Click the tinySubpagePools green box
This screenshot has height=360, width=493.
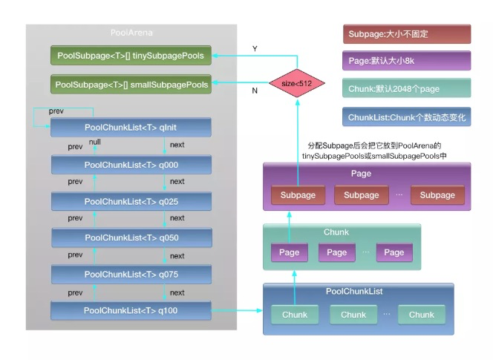[131, 55]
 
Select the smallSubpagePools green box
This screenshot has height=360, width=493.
[131, 85]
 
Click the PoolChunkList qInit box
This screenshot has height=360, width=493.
[131, 128]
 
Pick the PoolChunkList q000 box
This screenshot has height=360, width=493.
[131, 164]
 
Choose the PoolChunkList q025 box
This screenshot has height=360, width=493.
[131, 201]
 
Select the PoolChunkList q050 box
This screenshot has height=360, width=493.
[131, 238]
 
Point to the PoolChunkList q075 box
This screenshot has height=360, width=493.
[131, 274]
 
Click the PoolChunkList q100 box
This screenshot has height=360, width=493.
[131, 310]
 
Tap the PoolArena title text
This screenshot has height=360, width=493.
[131, 33]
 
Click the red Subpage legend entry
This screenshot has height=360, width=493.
[407, 34]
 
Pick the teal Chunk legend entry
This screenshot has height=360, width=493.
[407, 88]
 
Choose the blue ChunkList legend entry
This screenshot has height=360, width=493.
[407, 117]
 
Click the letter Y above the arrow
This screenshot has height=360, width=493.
[255, 49]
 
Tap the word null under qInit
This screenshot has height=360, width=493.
[95, 142]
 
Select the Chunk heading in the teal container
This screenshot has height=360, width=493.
[336, 232]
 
